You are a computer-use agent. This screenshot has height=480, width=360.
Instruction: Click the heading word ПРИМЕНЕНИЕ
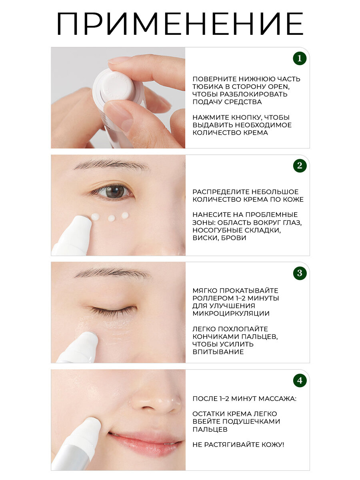pyautogui.click(x=180, y=24)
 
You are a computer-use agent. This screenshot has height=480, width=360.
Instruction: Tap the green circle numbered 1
pyautogui.click(x=300, y=58)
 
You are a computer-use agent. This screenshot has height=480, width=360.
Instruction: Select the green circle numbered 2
pyautogui.click(x=300, y=166)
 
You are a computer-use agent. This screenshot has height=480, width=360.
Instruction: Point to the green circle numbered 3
pyautogui.click(x=300, y=273)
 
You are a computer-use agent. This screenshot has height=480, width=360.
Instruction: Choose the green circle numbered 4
pyautogui.click(x=300, y=380)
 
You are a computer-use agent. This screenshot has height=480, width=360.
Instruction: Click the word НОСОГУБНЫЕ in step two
pyautogui.click(x=218, y=230)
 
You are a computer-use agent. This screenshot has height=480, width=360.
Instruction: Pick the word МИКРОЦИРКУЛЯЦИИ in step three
pyautogui.click(x=231, y=313)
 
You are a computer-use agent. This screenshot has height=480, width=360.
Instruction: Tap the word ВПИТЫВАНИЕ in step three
pyautogui.click(x=218, y=352)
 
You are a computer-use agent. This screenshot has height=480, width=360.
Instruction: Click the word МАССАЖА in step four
pyautogui.click(x=277, y=399)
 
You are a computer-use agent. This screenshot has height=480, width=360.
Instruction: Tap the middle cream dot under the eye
pyautogui.click(x=111, y=218)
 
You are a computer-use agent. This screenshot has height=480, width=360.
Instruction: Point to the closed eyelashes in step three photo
pyautogui.click(x=114, y=311)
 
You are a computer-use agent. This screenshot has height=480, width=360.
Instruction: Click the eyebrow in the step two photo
pyautogui.click(x=112, y=165)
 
